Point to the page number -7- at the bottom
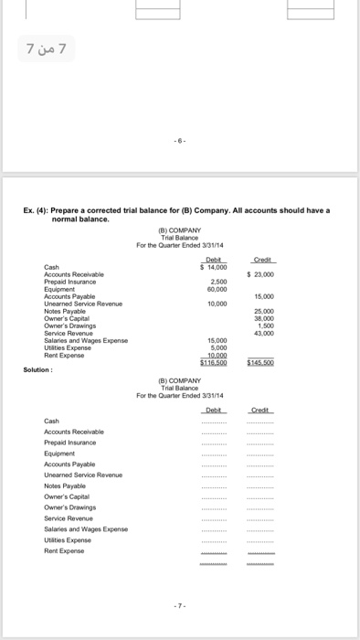pos(180,608)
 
